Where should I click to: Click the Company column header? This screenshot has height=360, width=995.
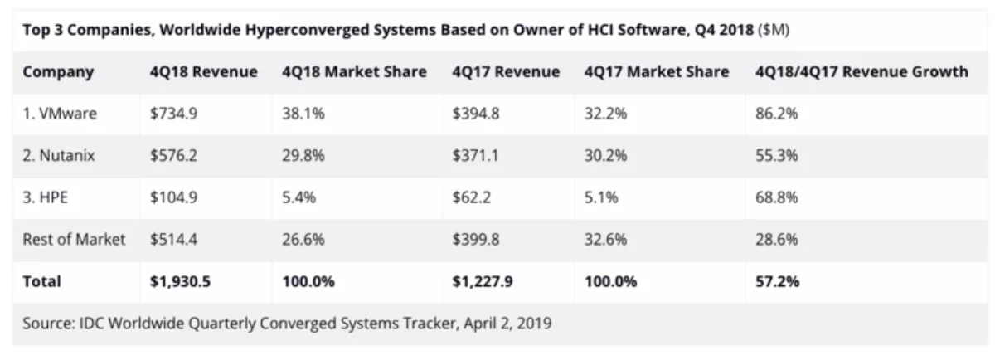(58, 72)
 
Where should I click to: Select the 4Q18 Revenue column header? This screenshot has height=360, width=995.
(203, 72)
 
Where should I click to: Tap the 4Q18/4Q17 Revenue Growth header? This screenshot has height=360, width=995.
(862, 72)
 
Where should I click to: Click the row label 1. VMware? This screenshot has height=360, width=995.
(60, 114)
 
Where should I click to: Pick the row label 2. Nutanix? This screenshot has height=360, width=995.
(61, 156)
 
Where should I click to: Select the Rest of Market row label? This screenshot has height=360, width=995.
(75, 240)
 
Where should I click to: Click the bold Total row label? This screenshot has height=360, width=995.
(42, 282)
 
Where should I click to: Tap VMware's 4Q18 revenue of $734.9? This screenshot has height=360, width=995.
(173, 114)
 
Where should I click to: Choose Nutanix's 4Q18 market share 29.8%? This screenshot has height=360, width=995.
(303, 156)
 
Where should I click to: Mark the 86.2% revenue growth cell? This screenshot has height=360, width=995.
(776, 114)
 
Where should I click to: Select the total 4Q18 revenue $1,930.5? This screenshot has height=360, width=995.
(181, 282)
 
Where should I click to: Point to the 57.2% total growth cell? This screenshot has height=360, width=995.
(777, 282)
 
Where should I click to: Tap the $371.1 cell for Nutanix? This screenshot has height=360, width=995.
(475, 156)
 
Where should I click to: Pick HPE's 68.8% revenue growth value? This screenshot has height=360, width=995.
(776, 198)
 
